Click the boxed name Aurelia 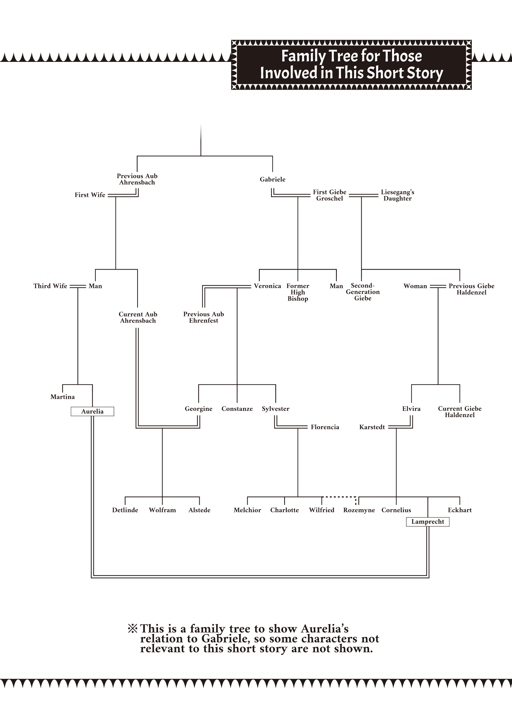(x=92, y=412)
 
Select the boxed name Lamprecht (x=428, y=522)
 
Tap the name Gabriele (x=272, y=179)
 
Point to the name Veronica (x=267, y=286)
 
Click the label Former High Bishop (x=298, y=292)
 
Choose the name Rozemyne (x=359, y=510)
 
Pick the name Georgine (x=198, y=409)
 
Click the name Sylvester (x=275, y=409)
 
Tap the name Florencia (x=325, y=427)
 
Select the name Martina (x=63, y=397)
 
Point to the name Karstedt (x=372, y=427)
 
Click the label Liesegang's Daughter (x=398, y=195)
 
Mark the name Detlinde (x=125, y=510)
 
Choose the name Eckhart (x=460, y=510)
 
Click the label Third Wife (x=50, y=286)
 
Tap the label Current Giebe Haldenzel (x=460, y=412)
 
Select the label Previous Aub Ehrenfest (x=203, y=317)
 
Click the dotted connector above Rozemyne (x=339, y=497)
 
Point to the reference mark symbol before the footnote (x=132, y=629)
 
